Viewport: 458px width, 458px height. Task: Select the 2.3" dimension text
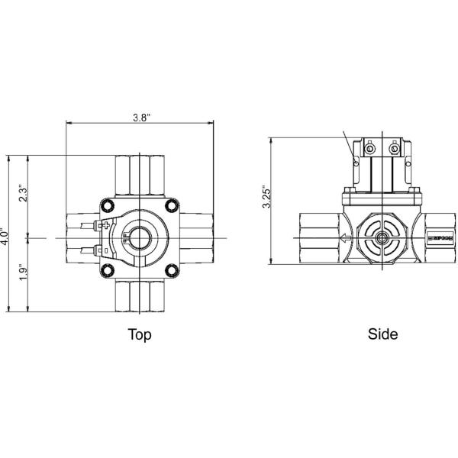(24, 195)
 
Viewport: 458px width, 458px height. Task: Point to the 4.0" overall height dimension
(5, 233)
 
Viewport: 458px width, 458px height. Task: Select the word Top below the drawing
(139, 334)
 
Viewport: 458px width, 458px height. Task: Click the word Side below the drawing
(382, 334)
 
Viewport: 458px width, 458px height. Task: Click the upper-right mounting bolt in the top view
(173, 205)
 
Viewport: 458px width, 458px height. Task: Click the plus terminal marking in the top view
(105, 225)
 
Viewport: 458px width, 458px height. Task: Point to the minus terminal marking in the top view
(105, 248)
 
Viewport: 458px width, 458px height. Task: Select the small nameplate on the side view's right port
(441, 239)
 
